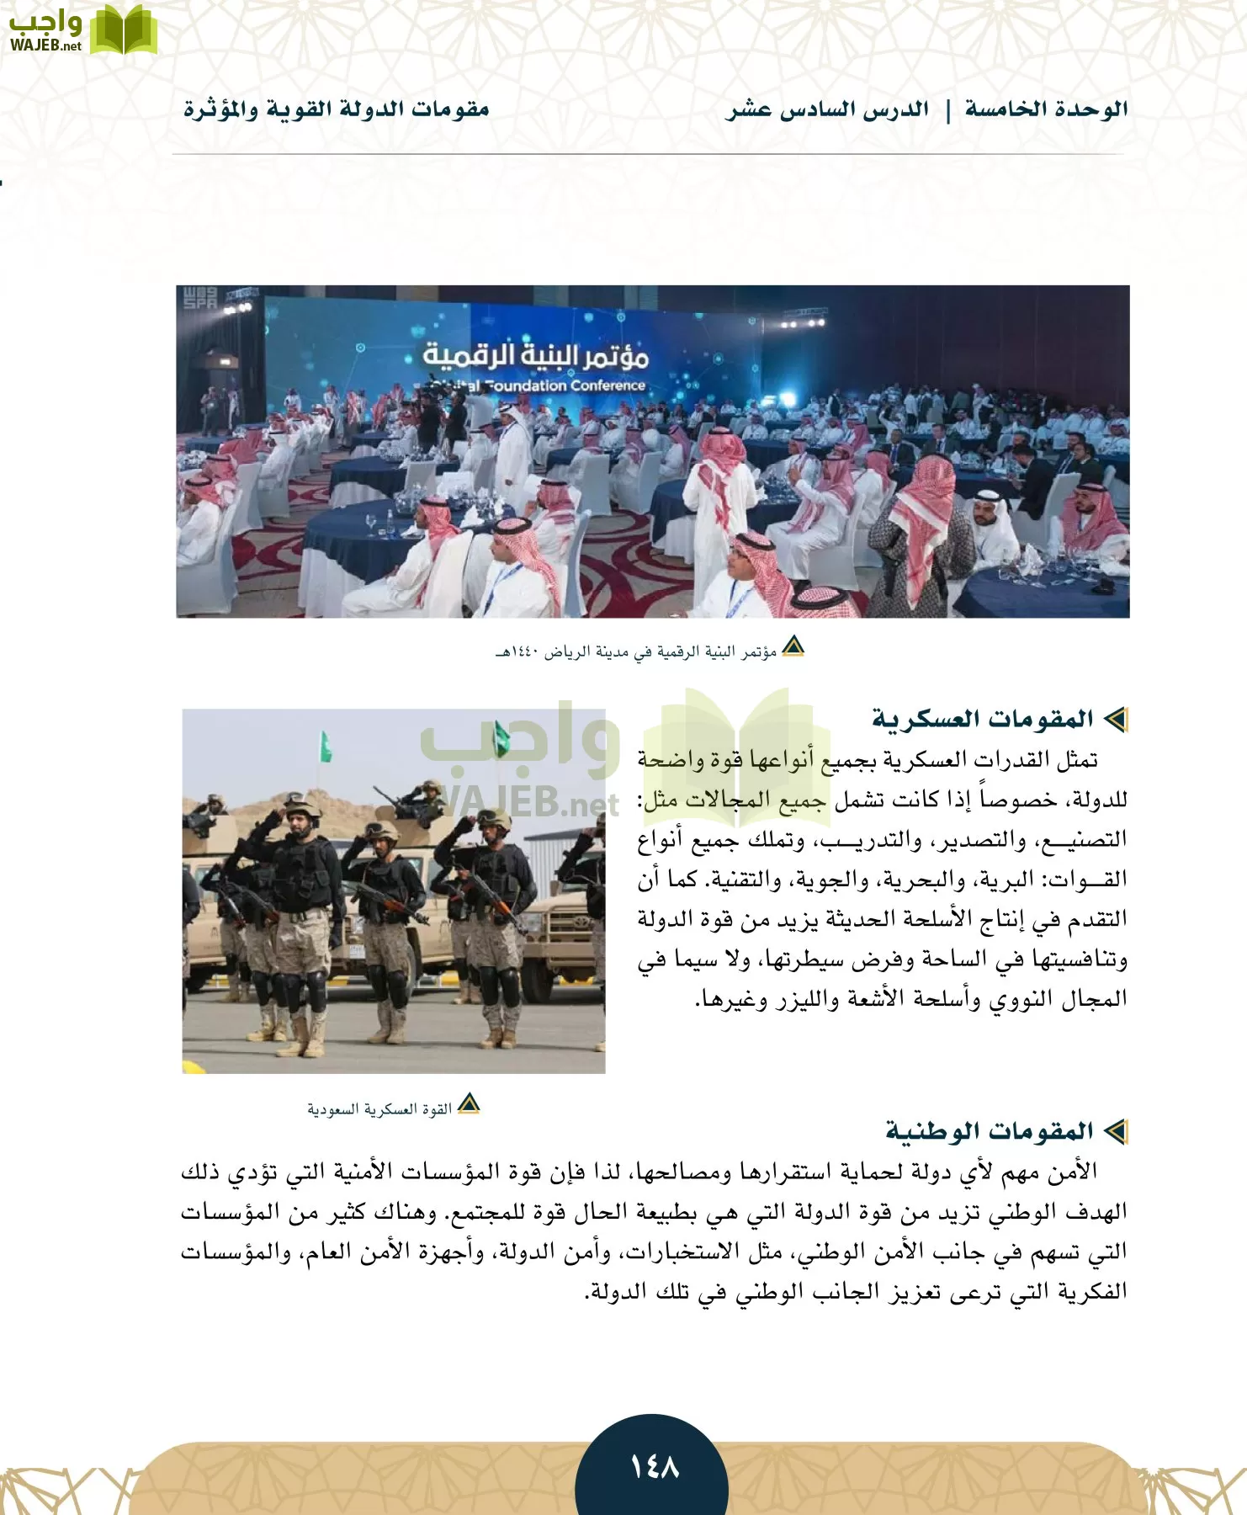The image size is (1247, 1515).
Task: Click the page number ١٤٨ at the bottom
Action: [654, 1468]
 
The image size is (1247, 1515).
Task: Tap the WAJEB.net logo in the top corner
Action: [82, 30]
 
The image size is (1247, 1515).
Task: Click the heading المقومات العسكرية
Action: [982, 719]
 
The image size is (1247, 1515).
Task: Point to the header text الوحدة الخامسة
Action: [1046, 109]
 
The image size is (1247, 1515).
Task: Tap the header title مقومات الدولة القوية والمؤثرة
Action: [337, 109]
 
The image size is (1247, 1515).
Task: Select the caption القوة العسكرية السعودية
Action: [379, 1109]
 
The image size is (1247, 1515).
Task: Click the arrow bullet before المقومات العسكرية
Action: [1116, 719]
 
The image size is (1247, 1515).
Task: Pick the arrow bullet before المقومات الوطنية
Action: [1116, 1131]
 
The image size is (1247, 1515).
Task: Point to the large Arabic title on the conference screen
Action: [535, 356]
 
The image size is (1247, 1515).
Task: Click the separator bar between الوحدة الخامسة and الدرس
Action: [947, 110]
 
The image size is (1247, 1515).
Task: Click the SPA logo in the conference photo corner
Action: [199, 298]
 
